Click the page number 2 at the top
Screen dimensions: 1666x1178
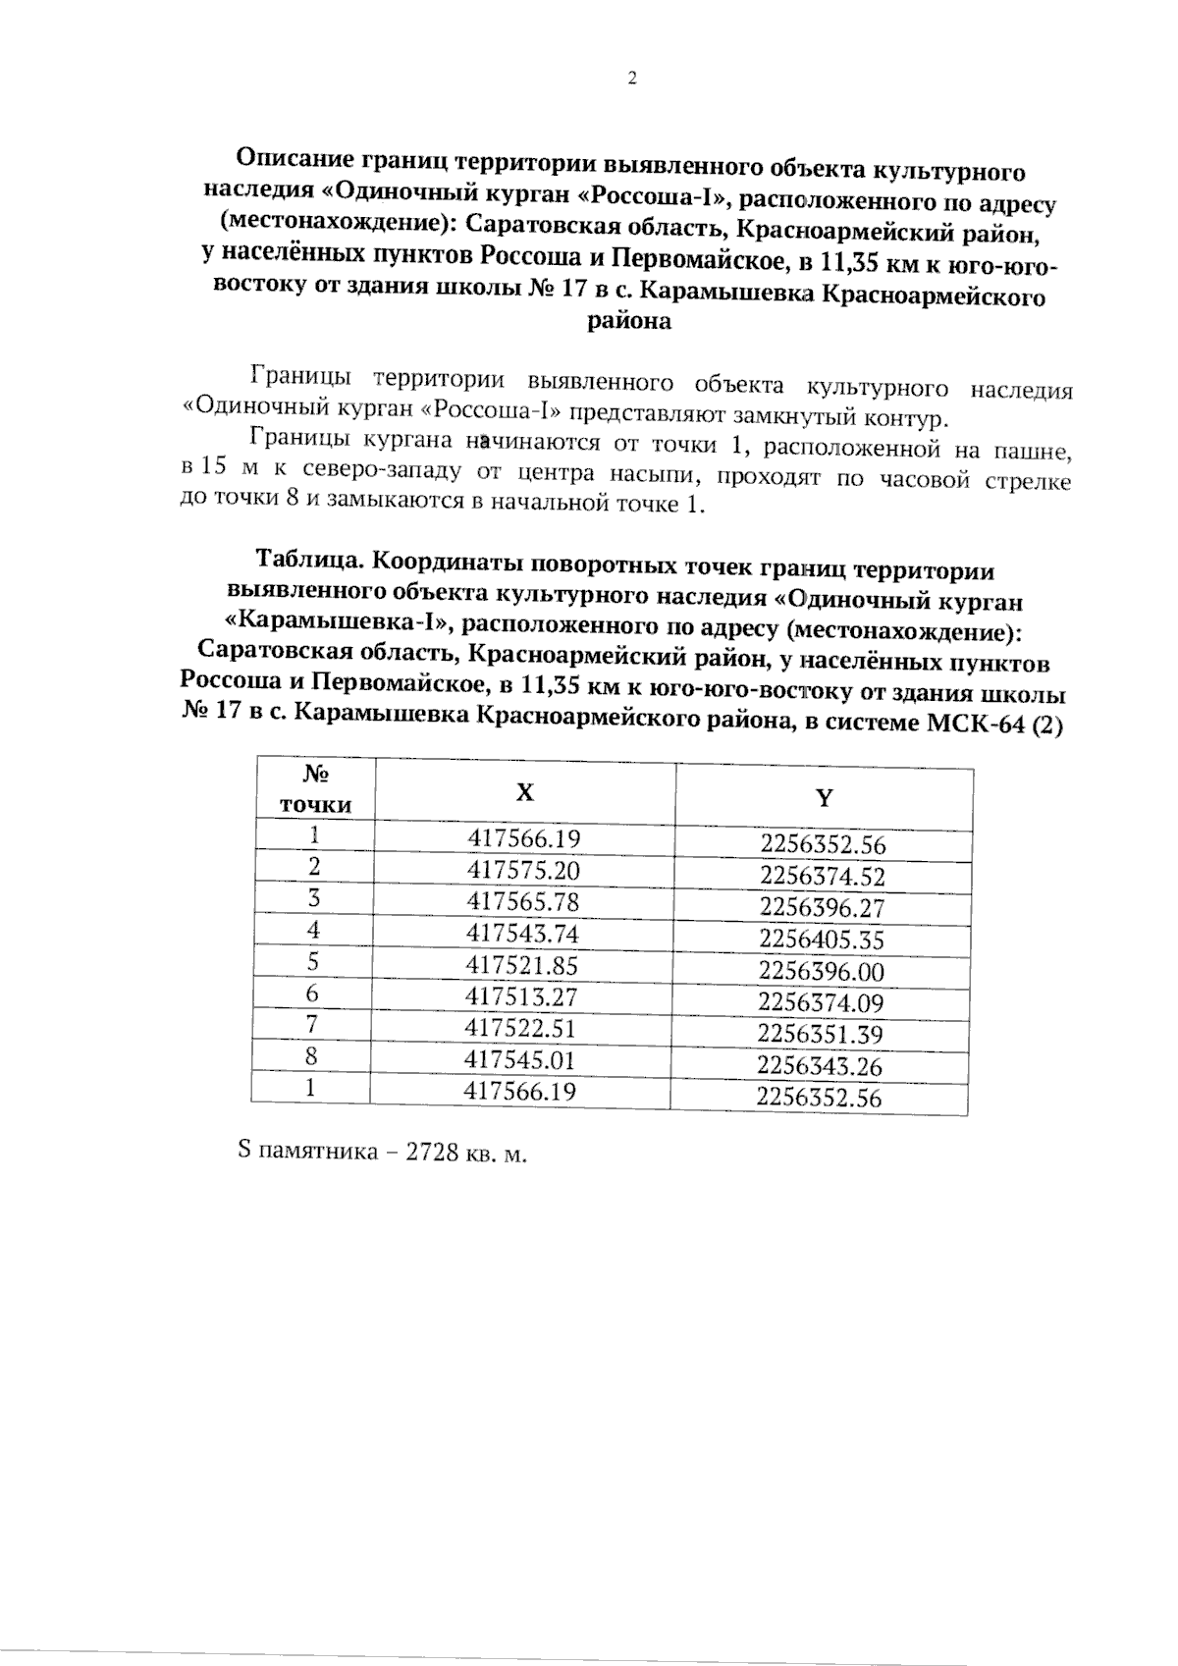632,80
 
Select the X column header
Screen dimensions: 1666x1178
526,791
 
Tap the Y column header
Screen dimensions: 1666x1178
825,797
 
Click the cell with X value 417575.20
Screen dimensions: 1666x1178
523,871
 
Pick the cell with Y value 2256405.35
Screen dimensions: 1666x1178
822,940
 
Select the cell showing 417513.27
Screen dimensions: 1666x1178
521,997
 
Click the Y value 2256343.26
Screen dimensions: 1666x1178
820,1066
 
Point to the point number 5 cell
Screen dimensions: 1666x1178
313,962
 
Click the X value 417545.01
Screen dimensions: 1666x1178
520,1060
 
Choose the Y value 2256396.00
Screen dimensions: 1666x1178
822,972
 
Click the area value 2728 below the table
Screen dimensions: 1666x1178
433,1153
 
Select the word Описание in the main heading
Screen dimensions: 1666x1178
296,157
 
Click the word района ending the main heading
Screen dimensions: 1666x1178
629,321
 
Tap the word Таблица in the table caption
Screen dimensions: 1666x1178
311,563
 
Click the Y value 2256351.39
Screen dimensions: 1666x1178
821,1035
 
